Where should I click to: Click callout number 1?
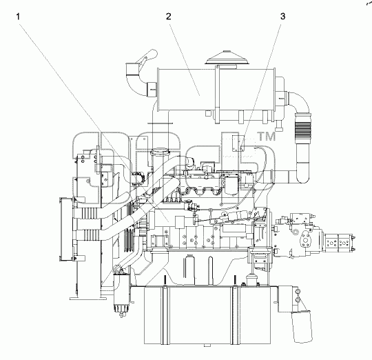18,17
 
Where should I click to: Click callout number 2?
169,17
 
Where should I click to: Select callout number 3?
283,17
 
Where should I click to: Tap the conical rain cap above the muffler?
227,58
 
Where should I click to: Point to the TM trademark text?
267,137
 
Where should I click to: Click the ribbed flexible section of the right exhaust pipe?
302,130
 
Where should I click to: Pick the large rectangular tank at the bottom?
207,315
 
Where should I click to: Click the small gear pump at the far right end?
339,243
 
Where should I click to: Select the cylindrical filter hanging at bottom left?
122,294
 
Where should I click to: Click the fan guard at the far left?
67,229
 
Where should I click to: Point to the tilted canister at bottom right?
302,326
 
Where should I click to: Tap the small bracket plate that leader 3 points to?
238,143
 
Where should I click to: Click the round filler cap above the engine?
161,151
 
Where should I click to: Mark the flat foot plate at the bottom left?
87,298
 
